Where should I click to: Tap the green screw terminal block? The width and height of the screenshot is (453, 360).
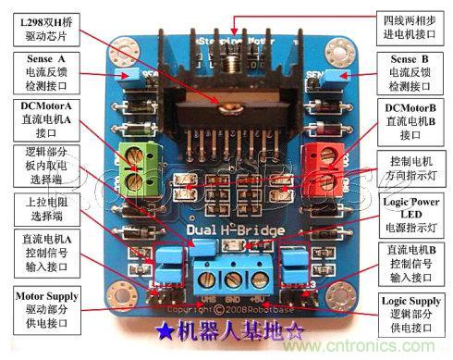click(136, 167)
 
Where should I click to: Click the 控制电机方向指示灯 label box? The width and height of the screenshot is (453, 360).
click(411, 169)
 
